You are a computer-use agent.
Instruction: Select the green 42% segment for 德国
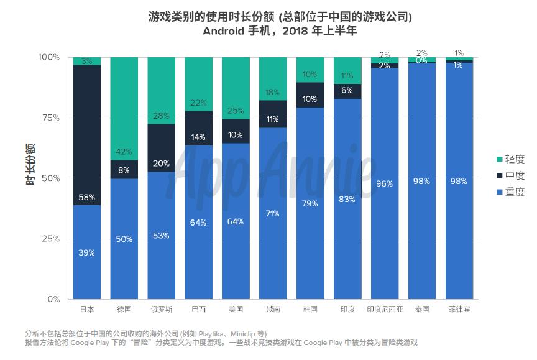coord(124,108)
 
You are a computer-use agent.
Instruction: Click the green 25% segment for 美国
coord(236,88)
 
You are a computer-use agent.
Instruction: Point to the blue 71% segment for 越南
coord(273,213)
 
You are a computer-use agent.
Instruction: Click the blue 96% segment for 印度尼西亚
coord(385,183)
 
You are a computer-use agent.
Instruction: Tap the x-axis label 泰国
coord(422,309)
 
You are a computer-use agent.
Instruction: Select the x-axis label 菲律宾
coord(459,309)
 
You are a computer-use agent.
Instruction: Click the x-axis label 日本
coord(87,309)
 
